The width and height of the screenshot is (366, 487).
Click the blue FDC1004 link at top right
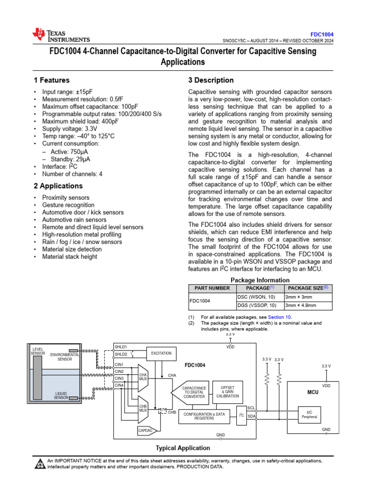tap(322, 35)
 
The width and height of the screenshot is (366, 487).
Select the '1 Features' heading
tap(51, 80)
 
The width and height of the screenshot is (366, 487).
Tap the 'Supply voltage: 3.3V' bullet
tap(70, 128)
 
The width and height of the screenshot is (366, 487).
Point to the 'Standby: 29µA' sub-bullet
tap(72, 158)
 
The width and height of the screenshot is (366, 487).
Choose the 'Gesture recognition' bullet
tap(68, 205)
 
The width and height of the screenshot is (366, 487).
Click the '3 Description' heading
tap(211, 80)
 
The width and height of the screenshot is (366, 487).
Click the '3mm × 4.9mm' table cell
tap(301, 305)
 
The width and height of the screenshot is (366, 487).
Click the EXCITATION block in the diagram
tap(162, 354)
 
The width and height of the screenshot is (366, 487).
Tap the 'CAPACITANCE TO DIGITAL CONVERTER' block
tap(194, 392)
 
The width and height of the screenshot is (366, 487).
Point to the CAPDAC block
tap(146, 430)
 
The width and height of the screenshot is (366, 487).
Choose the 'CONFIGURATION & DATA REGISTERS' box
tap(204, 417)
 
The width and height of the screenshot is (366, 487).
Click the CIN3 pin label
tap(119, 379)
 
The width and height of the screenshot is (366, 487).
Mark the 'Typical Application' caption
tap(183, 448)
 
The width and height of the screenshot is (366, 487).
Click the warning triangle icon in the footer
tap(40, 464)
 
